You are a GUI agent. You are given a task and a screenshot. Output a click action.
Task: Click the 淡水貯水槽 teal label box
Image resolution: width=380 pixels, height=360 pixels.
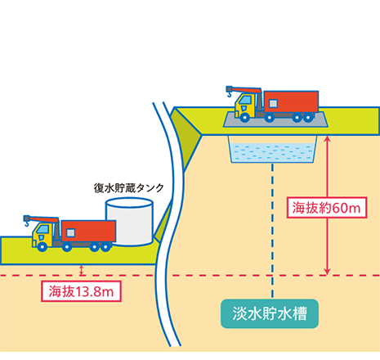270,313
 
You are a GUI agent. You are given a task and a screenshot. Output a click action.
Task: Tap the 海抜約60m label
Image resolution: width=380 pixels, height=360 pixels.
327,208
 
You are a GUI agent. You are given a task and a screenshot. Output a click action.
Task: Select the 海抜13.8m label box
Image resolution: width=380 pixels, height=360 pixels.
81,291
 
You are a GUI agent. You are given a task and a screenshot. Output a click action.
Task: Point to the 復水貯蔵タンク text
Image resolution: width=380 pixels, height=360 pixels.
129,188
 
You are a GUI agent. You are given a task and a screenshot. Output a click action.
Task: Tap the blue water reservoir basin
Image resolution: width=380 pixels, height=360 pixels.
273,150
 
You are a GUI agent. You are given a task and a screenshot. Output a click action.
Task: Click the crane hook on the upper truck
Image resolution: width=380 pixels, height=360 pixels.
230,94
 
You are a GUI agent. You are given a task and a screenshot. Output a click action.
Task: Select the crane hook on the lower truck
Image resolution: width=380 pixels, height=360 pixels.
27,223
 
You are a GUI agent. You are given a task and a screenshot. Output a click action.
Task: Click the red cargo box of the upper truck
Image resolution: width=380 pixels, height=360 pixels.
291,101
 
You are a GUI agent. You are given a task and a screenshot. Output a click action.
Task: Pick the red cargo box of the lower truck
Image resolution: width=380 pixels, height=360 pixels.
88,231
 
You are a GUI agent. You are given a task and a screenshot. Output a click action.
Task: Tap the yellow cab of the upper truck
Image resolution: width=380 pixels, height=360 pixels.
245,105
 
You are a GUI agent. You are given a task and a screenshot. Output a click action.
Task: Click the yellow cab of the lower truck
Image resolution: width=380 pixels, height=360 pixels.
42,235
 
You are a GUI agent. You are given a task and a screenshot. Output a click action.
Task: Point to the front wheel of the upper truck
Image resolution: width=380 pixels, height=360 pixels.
244,118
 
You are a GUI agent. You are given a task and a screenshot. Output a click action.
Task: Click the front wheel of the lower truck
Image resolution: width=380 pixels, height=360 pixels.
42,246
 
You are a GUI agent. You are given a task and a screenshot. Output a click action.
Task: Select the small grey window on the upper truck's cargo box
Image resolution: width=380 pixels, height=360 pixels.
273,103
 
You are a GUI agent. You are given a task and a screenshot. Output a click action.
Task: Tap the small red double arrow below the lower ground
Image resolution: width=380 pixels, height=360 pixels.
81,270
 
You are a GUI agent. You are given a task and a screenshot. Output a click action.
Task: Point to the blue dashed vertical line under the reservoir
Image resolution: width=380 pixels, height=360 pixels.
273,230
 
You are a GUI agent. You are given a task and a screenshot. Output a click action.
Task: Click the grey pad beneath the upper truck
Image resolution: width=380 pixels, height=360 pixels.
275,119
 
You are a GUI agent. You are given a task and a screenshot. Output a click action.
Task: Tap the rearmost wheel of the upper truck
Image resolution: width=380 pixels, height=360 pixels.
308,118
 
